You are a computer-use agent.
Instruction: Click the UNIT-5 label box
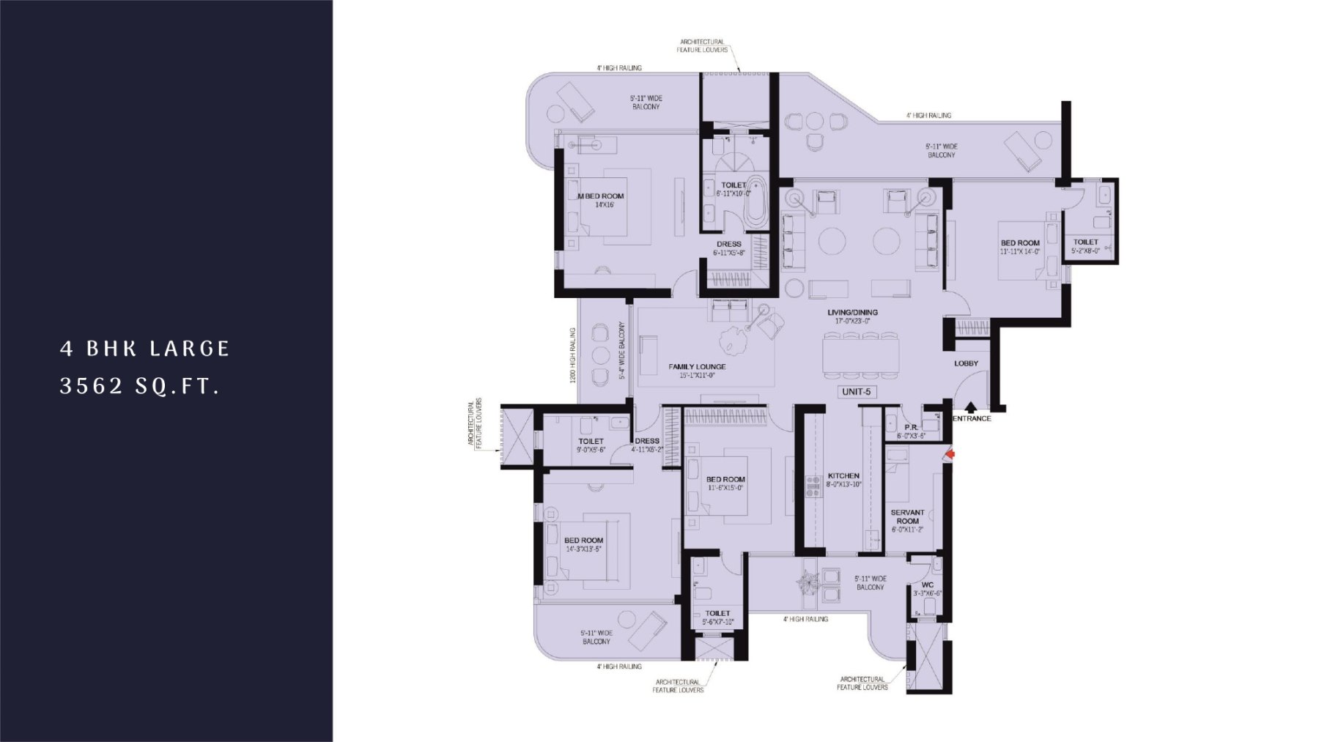point(856,392)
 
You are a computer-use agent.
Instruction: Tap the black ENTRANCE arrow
point(970,407)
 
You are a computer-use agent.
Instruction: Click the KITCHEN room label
point(843,475)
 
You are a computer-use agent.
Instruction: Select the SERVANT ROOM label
point(907,517)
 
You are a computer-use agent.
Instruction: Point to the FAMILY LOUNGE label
point(697,367)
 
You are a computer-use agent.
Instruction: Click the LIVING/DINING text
point(852,313)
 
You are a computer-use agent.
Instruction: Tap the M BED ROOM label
point(602,196)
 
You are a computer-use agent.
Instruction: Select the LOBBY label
point(966,363)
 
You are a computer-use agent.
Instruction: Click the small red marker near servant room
point(950,456)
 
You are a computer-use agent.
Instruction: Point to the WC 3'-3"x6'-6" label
point(927,589)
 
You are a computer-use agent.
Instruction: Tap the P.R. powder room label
point(911,428)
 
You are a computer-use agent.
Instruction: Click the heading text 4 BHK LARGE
point(145,349)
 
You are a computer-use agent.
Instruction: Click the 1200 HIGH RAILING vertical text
point(572,355)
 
